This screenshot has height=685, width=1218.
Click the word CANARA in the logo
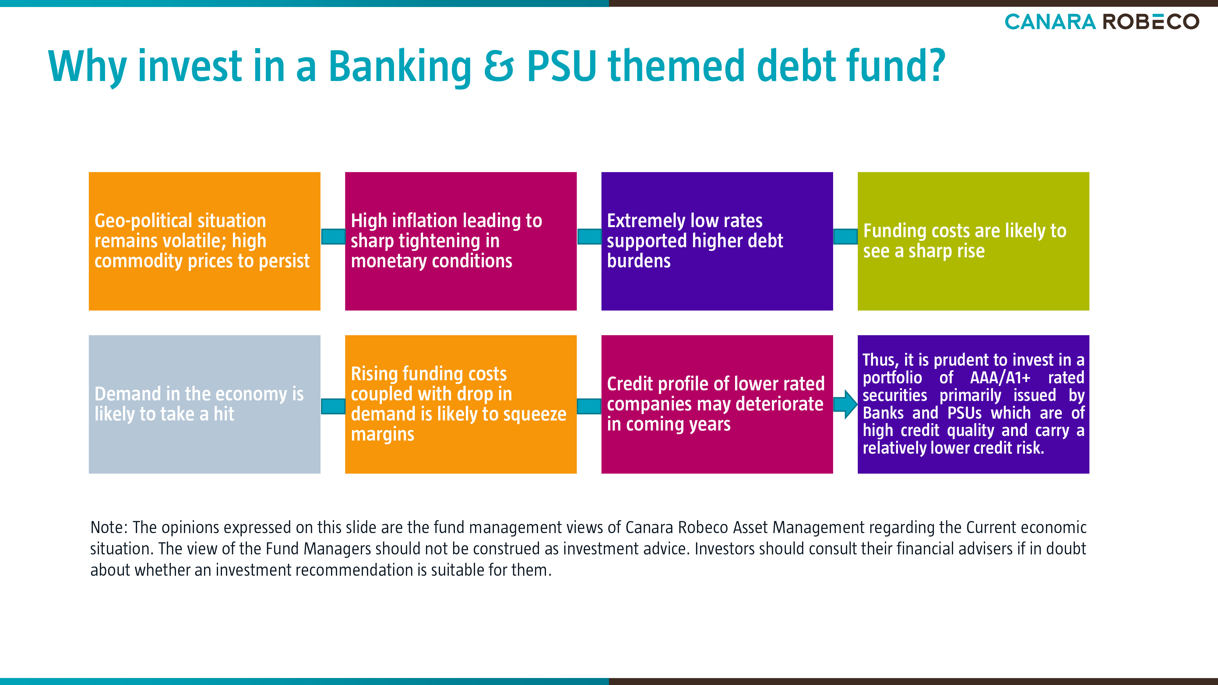pyautogui.click(x=1050, y=22)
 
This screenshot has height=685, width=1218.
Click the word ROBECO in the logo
pyautogui.click(x=1151, y=22)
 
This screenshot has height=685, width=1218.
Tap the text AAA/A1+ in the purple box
pyautogui.click(x=1000, y=378)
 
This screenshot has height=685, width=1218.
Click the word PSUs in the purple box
pyautogui.click(x=965, y=413)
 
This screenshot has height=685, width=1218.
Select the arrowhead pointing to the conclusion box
pyautogui.click(x=850, y=404)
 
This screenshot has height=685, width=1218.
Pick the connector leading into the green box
pyautogui.click(x=845, y=236)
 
